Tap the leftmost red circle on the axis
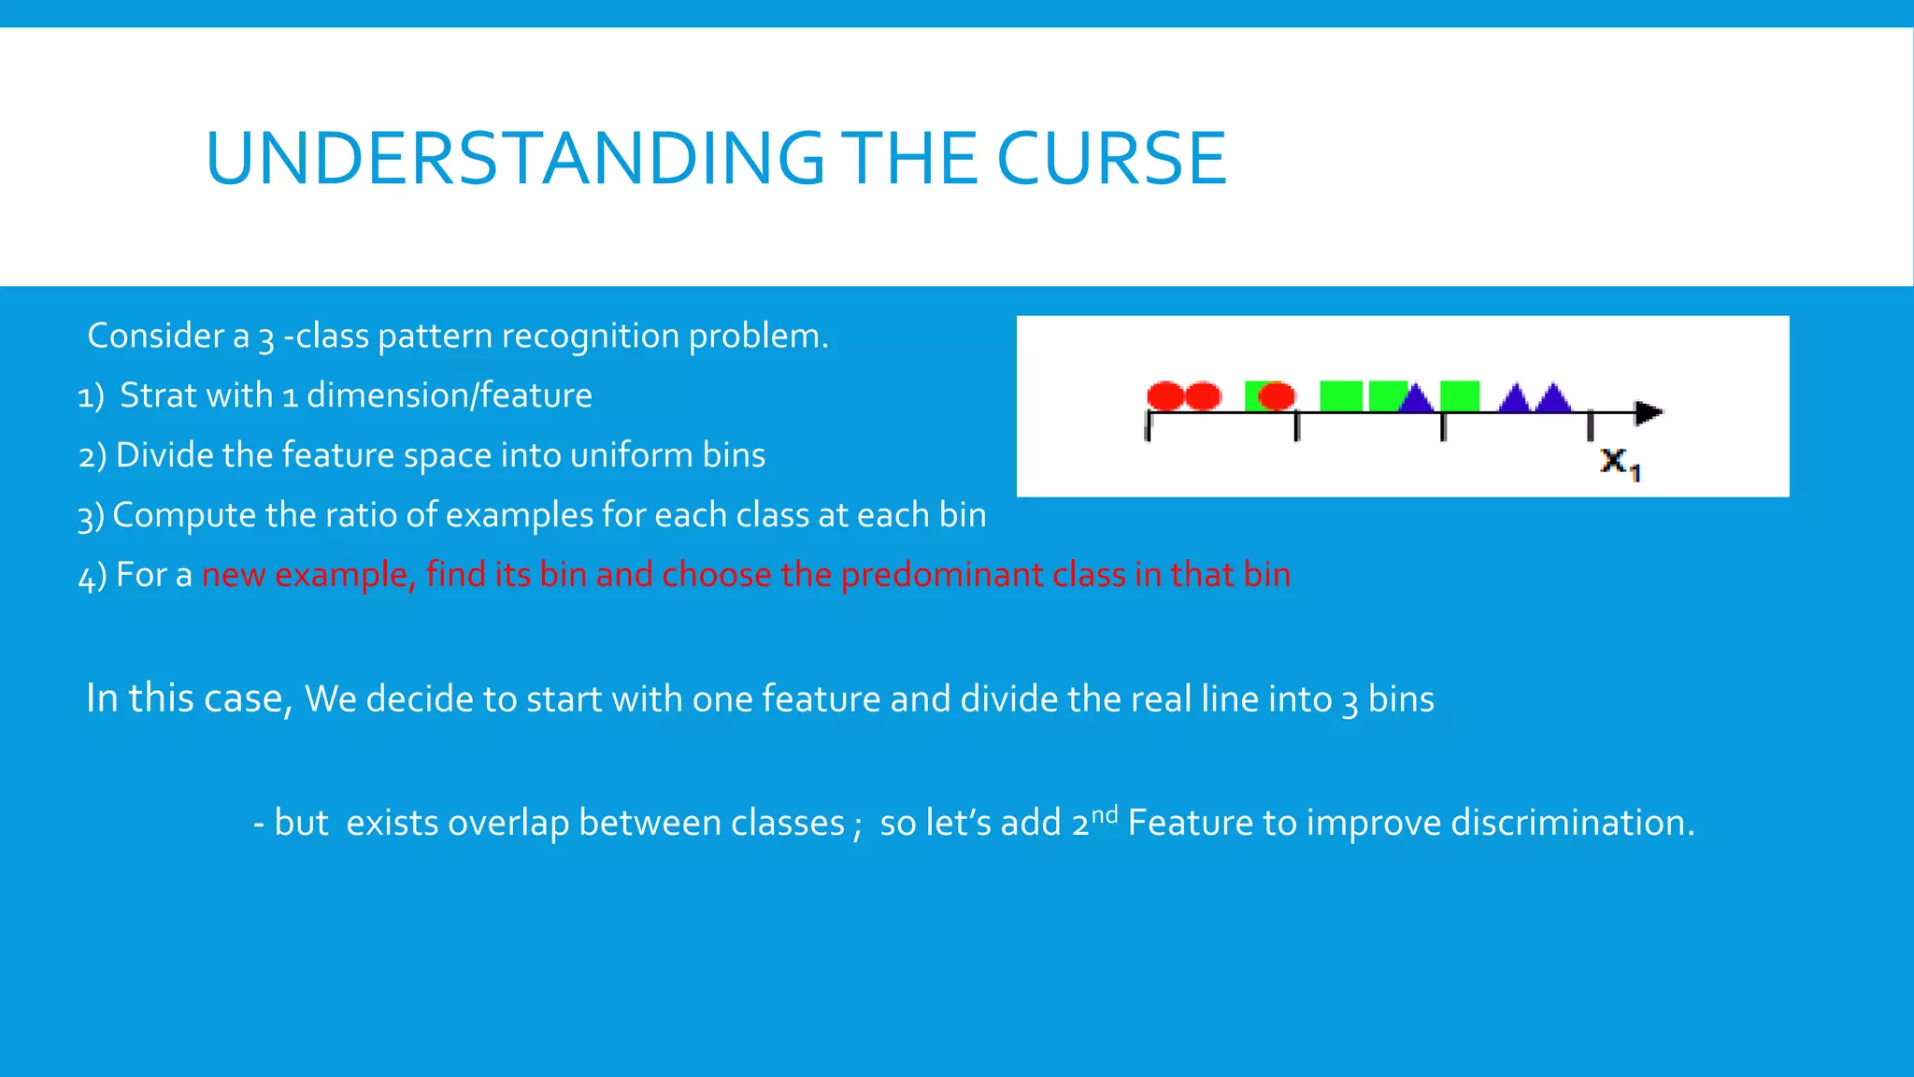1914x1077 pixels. [x=1164, y=396]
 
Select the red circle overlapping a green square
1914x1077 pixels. [x=1277, y=396]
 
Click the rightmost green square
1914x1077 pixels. [x=1460, y=396]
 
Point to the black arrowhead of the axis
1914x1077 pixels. [x=1649, y=412]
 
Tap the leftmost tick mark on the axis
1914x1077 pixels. [x=1148, y=427]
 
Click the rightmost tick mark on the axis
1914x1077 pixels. [x=1590, y=427]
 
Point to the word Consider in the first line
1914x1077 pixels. [x=155, y=336]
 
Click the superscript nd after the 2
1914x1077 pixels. [x=1105, y=813]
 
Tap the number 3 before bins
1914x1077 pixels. [x=1350, y=701]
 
